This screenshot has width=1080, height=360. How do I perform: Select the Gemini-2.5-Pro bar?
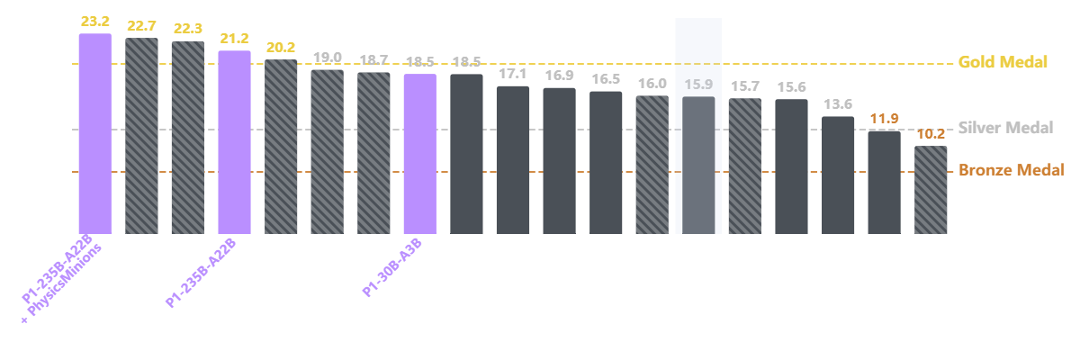[x=141, y=135]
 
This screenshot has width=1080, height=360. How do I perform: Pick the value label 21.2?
[x=234, y=40]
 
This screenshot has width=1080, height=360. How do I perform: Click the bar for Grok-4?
[x=373, y=152]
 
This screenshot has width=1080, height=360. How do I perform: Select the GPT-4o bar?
[x=931, y=189]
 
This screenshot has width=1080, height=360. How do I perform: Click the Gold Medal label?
[x=1003, y=62]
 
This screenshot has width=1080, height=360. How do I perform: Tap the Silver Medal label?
[x=1005, y=128]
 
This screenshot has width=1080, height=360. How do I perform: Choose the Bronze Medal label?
[x=1012, y=169]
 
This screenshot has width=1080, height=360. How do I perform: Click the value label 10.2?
[x=931, y=134]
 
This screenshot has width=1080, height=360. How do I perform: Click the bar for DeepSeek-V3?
[x=838, y=175]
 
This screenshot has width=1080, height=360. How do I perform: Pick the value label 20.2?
[x=281, y=48]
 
